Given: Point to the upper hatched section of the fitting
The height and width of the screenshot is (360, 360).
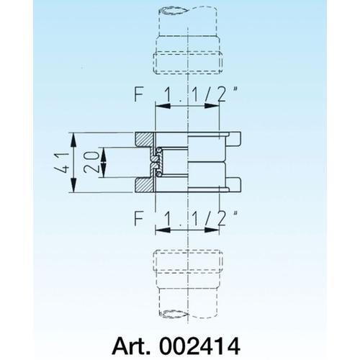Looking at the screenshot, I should click(145, 140).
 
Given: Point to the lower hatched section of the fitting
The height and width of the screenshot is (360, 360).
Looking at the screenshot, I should click(145, 185).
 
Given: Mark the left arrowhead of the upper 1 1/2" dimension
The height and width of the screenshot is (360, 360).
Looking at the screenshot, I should click(158, 104).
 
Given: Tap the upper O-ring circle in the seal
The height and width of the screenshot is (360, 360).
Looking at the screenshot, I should click(156, 157).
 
